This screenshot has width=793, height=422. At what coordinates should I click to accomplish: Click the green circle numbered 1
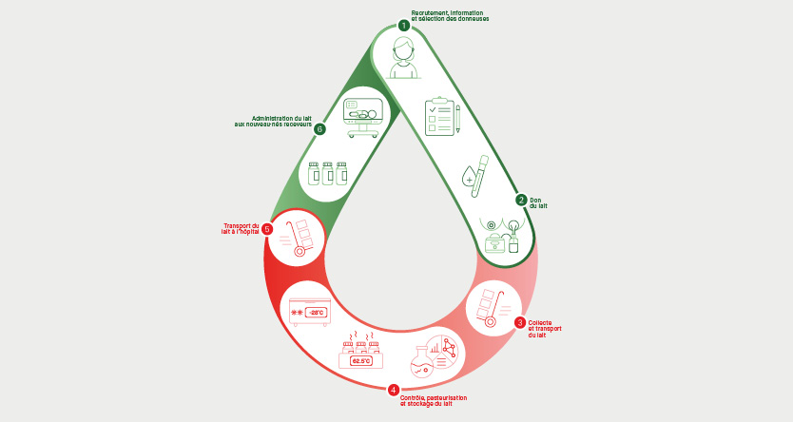pos(403,25)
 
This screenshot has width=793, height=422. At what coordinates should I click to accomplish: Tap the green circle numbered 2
pos(521,201)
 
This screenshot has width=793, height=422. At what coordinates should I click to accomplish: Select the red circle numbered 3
pos(520,322)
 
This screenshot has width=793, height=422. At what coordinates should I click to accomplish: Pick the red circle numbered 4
pos(393,390)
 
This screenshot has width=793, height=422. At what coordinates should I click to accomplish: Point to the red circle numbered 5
pos(267,229)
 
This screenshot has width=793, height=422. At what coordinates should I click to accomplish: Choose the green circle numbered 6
pos(319,129)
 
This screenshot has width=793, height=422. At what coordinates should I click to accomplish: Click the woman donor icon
pos(403,58)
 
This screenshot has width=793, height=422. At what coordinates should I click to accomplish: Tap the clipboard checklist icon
pos(439,117)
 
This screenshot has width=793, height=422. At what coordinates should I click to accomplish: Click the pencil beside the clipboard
pos(458,119)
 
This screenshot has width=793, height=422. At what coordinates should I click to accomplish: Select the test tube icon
pos(480,176)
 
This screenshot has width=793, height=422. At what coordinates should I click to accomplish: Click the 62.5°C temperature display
pos(360,361)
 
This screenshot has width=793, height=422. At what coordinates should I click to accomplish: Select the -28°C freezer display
pos(316,313)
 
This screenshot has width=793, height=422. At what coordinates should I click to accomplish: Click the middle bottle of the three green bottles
pos(328,173)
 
